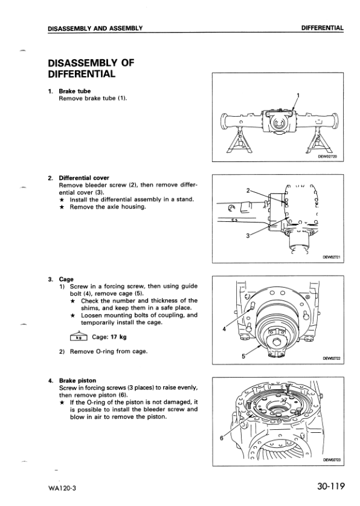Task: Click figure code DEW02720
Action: tap(327, 157)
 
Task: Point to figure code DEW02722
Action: tap(331, 358)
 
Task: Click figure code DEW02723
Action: tap(331, 460)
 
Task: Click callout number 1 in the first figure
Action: tap(298, 96)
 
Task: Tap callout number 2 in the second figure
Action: tap(248, 190)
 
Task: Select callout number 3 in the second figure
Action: tap(248, 235)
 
